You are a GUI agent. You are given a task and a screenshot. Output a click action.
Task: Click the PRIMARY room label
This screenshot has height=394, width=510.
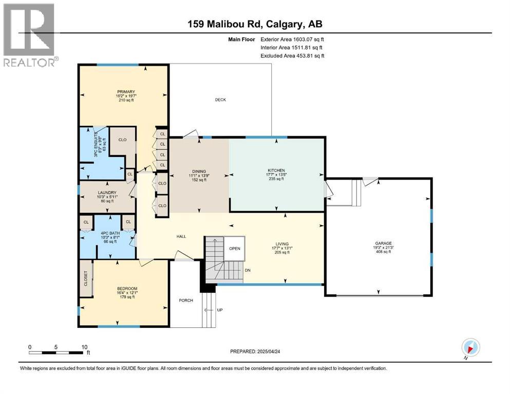125,92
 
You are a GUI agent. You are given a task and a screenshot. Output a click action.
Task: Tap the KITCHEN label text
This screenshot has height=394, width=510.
276,170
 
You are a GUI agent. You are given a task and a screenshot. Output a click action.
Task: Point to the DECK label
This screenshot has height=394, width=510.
220,100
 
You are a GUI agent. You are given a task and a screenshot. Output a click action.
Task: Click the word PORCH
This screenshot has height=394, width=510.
185,300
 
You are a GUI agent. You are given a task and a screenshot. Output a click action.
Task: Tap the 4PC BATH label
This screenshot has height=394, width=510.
108,233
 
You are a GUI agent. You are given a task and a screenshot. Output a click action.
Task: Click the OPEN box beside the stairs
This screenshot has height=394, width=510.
235,249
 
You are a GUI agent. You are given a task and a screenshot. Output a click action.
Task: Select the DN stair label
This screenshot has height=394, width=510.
248,270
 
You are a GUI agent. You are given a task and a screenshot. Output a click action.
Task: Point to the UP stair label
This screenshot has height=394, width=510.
220,310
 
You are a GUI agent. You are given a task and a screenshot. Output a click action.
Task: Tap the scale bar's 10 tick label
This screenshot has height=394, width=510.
84,346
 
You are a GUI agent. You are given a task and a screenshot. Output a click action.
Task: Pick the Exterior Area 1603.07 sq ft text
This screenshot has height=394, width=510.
292,39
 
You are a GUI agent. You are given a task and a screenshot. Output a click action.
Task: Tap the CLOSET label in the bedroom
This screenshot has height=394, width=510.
86,278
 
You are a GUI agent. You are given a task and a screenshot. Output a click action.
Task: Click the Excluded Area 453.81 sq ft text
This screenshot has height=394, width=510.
292,56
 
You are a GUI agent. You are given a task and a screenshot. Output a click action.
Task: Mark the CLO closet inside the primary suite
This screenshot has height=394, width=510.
122,140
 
